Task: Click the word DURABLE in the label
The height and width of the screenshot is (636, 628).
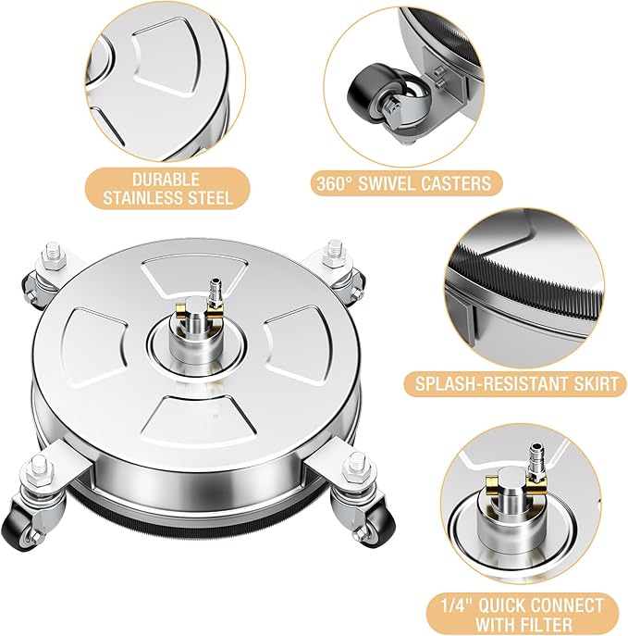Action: coord(166,180)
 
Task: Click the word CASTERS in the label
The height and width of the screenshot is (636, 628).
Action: coord(456,183)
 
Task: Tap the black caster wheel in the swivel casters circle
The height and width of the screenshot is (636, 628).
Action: coord(366,95)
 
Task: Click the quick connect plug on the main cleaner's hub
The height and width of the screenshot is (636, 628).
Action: coord(214,290)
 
